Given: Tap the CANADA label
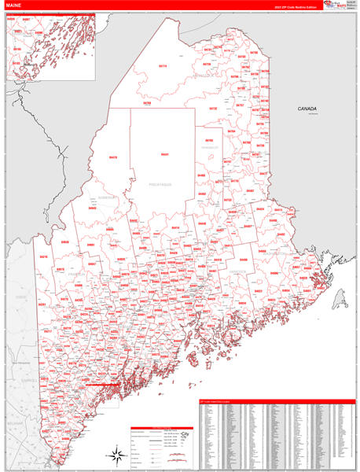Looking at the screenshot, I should tap(307, 109).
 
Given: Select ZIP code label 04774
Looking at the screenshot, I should tap(163, 66).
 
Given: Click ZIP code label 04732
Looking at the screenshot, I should tap(213, 108).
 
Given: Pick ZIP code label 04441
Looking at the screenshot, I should tap(164, 154).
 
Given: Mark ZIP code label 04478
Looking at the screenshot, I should tap(112, 157).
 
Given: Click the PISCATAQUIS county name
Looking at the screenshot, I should tap(160, 183).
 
